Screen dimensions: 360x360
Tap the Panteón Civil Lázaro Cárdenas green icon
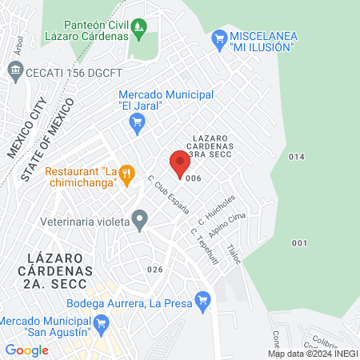click(x=140, y=30)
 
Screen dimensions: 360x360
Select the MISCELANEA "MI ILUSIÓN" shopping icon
click(x=218, y=38)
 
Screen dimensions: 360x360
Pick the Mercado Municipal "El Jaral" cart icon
click(x=136, y=121)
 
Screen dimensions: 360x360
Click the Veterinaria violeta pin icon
click(x=140, y=218)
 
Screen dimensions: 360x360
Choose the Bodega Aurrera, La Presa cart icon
click(x=202, y=302)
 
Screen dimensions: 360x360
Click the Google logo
click(x=27, y=350)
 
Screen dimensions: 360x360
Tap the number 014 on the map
click(x=297, y=157)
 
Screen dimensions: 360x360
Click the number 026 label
click(x=155, y=270)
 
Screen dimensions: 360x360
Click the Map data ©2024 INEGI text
click(x=312, y=354)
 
